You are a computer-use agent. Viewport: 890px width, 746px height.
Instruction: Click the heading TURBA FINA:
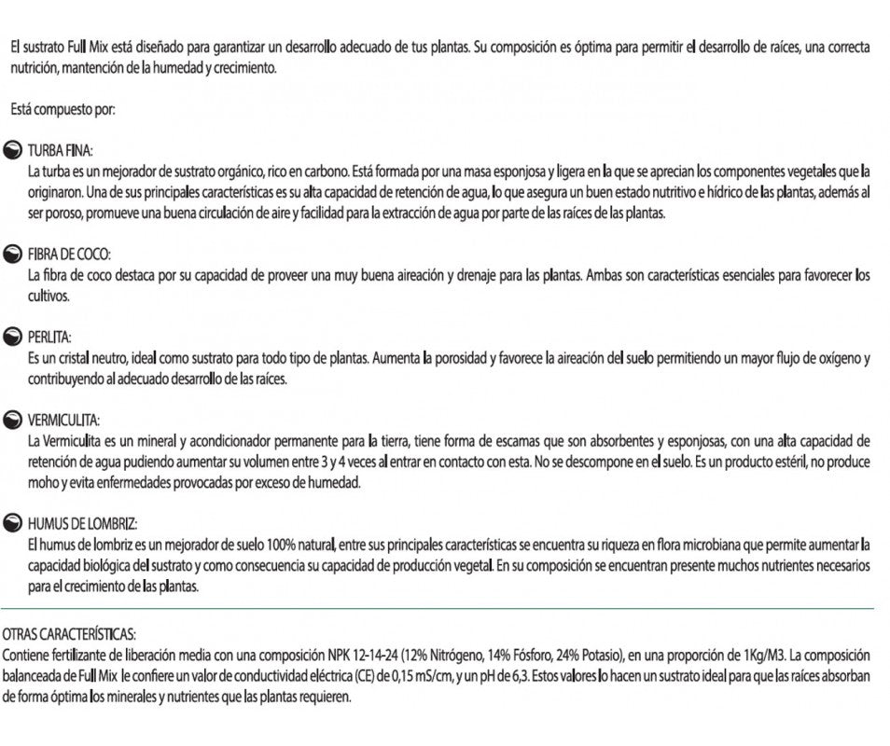click(x=62, y=150)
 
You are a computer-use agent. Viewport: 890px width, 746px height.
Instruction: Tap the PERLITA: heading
click(x=50, y=337)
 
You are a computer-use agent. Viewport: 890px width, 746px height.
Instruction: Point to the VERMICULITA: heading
click(x=64, y=420)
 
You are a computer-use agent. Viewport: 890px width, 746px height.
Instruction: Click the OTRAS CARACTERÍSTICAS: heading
click(x=70, y=632)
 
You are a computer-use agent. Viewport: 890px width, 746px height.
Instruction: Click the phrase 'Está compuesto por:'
click(x=62, y=110)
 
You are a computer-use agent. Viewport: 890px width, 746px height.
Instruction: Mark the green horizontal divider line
click(x=438, y=609)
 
